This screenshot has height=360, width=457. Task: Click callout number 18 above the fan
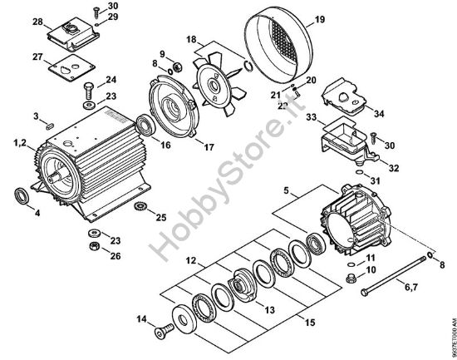pyautogui.click(x=192, y=39)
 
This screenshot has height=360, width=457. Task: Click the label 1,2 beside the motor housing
pyautogui.click(x=22, y=145)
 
